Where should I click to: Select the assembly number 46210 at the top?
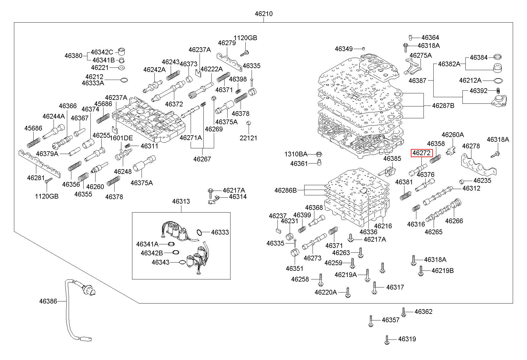(263, 14)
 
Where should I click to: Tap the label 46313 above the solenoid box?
(181, 202)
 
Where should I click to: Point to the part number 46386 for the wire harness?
(48, 301)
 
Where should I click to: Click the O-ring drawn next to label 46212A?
(498, 81)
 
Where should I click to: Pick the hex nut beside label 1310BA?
(318, 154)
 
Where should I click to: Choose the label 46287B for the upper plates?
(443, 106)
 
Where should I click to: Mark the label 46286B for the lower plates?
(286, 190)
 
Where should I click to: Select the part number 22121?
(248, 138)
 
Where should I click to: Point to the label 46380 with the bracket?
(73, 56)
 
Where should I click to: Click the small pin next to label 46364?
(410, 37)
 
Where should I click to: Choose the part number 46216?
(383, 226)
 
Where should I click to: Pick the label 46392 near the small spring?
(479, 91)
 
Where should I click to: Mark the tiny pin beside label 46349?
(363, 48)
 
